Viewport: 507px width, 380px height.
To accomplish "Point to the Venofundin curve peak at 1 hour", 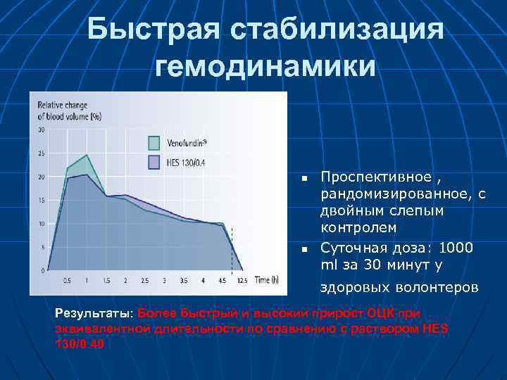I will (87, 155).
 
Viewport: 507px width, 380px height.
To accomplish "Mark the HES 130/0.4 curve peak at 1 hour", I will (87, 175).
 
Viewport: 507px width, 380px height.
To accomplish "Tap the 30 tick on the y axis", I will (41, 130).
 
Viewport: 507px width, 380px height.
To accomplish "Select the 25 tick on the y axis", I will (41, 153).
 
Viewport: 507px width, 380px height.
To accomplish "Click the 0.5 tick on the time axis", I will (67, 281).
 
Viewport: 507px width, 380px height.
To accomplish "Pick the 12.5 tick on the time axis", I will (242, 281).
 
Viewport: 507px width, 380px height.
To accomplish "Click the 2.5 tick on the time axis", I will (145, 281).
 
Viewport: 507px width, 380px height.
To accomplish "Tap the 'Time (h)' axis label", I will (266, 280).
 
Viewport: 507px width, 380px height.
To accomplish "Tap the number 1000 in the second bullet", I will (456, 248).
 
